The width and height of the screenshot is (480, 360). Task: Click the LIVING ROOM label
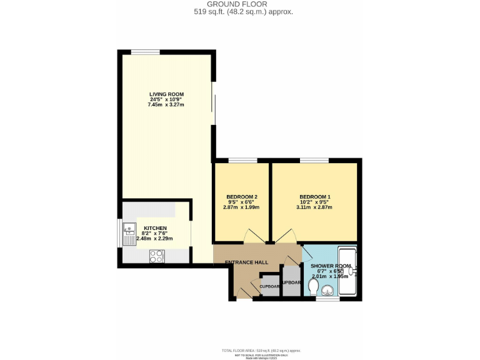[166, 94]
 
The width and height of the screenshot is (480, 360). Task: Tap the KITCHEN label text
[155, 228]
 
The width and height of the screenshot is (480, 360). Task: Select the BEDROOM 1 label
[315, 197]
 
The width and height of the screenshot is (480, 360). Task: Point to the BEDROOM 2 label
[242, 197]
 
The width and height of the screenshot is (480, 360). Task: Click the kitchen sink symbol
[129, 231]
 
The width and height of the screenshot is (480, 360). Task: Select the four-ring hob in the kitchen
[156, 256]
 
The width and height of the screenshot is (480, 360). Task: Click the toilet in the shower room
[313, 287]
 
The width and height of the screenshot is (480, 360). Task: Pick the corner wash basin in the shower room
[326, 290]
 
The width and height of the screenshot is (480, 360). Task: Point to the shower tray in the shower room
[347, 272]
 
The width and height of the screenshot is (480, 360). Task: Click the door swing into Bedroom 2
[253, 236]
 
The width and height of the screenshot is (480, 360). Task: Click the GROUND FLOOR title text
[240, 4]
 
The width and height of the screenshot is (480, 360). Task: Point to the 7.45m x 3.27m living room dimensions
[166, 105]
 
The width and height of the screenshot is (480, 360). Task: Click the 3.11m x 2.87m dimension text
[315, 207]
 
